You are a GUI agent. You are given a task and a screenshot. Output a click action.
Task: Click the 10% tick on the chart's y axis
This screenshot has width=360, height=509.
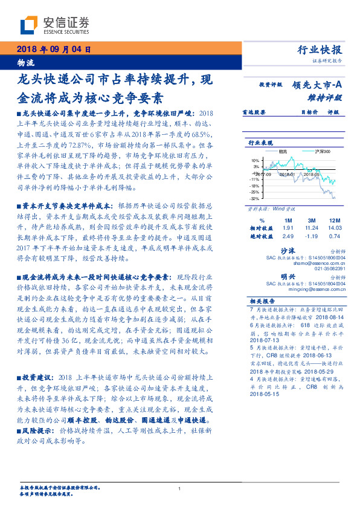256,160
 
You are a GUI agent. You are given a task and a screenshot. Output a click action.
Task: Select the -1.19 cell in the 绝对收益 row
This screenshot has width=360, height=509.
312,236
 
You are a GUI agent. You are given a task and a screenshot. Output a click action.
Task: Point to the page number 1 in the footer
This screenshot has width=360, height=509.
180,489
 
